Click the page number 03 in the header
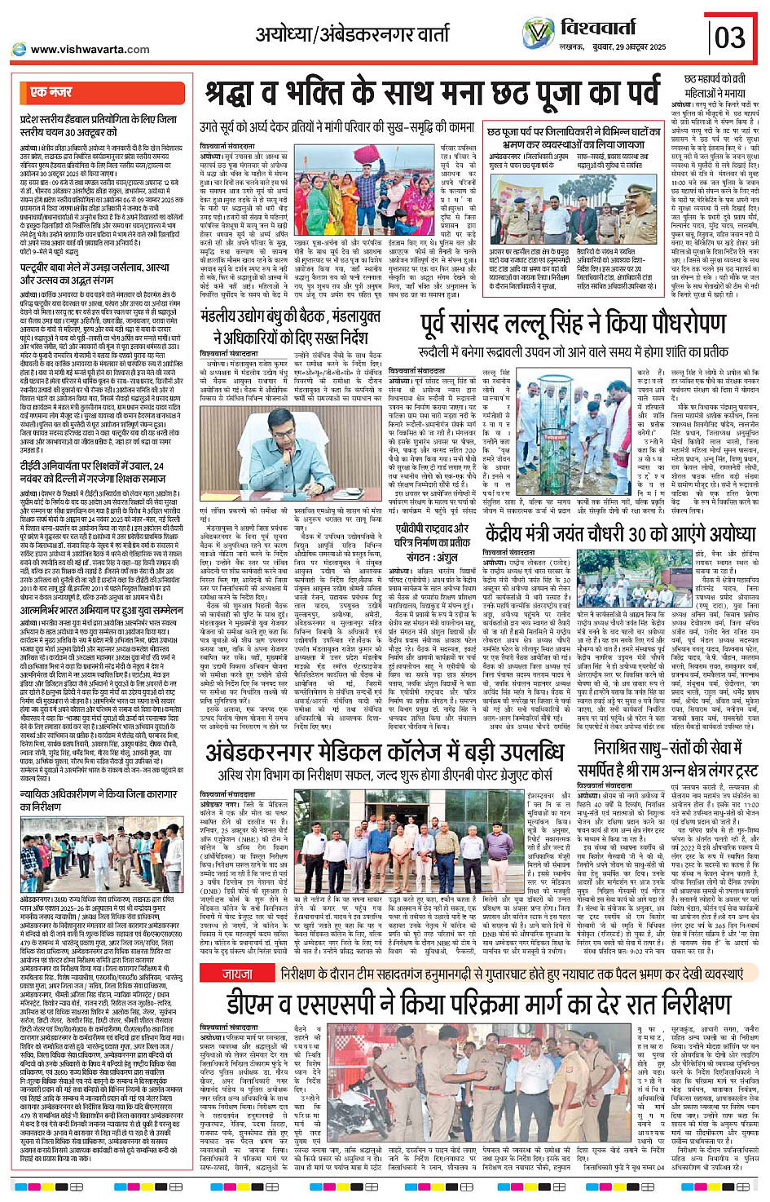pyautogui.click(x=729, y=38)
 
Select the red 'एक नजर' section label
pyautogui.click(x=51, y=92)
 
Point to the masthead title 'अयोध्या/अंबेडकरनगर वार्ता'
pyautogui.click(x=352, y=34)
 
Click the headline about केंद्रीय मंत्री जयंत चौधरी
pyautogui.click(x=621, y=535)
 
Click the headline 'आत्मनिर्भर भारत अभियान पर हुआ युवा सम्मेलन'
pyautogui.click(x=102, y=610)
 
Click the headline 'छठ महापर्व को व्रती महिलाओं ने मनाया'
pyautogui.click(x=715, y=86)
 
